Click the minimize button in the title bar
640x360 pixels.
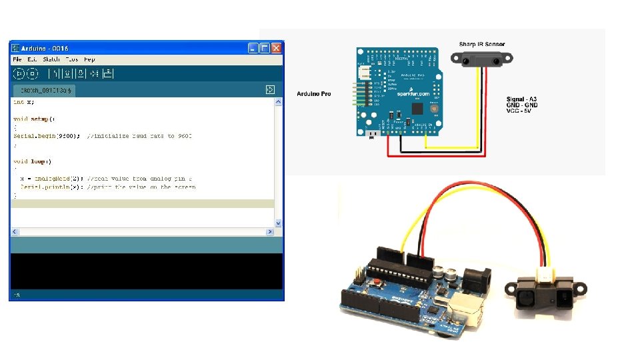253,48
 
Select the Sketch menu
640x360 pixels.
51,59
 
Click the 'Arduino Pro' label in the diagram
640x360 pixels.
313,94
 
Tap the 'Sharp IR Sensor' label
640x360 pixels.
481,45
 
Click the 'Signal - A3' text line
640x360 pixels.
522,99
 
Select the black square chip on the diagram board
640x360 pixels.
418,108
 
